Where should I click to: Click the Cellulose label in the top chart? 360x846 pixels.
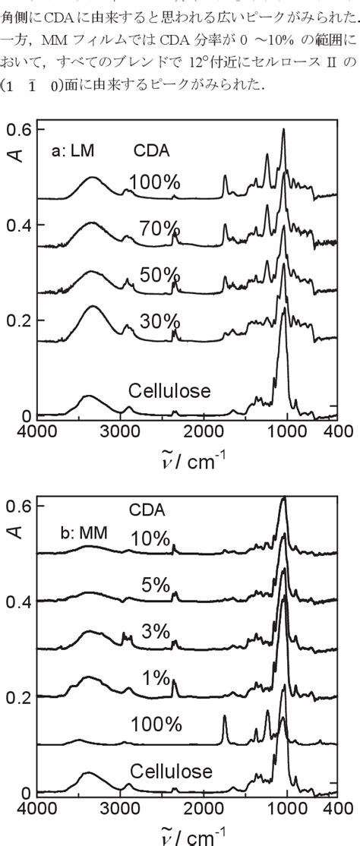click(169, 392)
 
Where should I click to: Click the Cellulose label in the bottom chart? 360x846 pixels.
click(170, 771)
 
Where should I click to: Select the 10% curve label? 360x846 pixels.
click(150, 538)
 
